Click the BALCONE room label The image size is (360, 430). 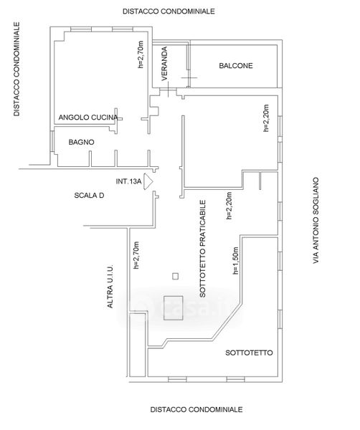point(236,65)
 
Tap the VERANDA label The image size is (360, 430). point(164,64)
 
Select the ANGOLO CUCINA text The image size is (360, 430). point(88,118)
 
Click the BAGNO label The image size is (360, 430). point(81,142)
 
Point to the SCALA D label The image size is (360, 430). point(89,195)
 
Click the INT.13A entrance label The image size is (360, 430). point(128,181)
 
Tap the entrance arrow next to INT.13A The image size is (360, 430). point(148,181)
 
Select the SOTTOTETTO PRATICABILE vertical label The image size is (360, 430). point(202,249)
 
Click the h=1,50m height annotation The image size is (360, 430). point(236,261)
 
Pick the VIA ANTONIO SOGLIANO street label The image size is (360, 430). point(316,221)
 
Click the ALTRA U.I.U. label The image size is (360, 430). point(110,286)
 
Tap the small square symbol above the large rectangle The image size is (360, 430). point(175,276)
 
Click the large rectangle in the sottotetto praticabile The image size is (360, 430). point(174,308)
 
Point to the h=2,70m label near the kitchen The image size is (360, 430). point(141,54)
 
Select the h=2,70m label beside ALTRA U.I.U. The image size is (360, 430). point(136,255)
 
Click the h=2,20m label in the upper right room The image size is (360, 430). point(266,118)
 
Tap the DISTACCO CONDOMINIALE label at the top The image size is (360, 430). point(169,11)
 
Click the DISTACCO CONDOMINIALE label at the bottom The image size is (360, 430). point(196,409)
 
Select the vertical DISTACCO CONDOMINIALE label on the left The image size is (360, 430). point(16,69)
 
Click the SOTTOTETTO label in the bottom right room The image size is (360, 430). point(249,353)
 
